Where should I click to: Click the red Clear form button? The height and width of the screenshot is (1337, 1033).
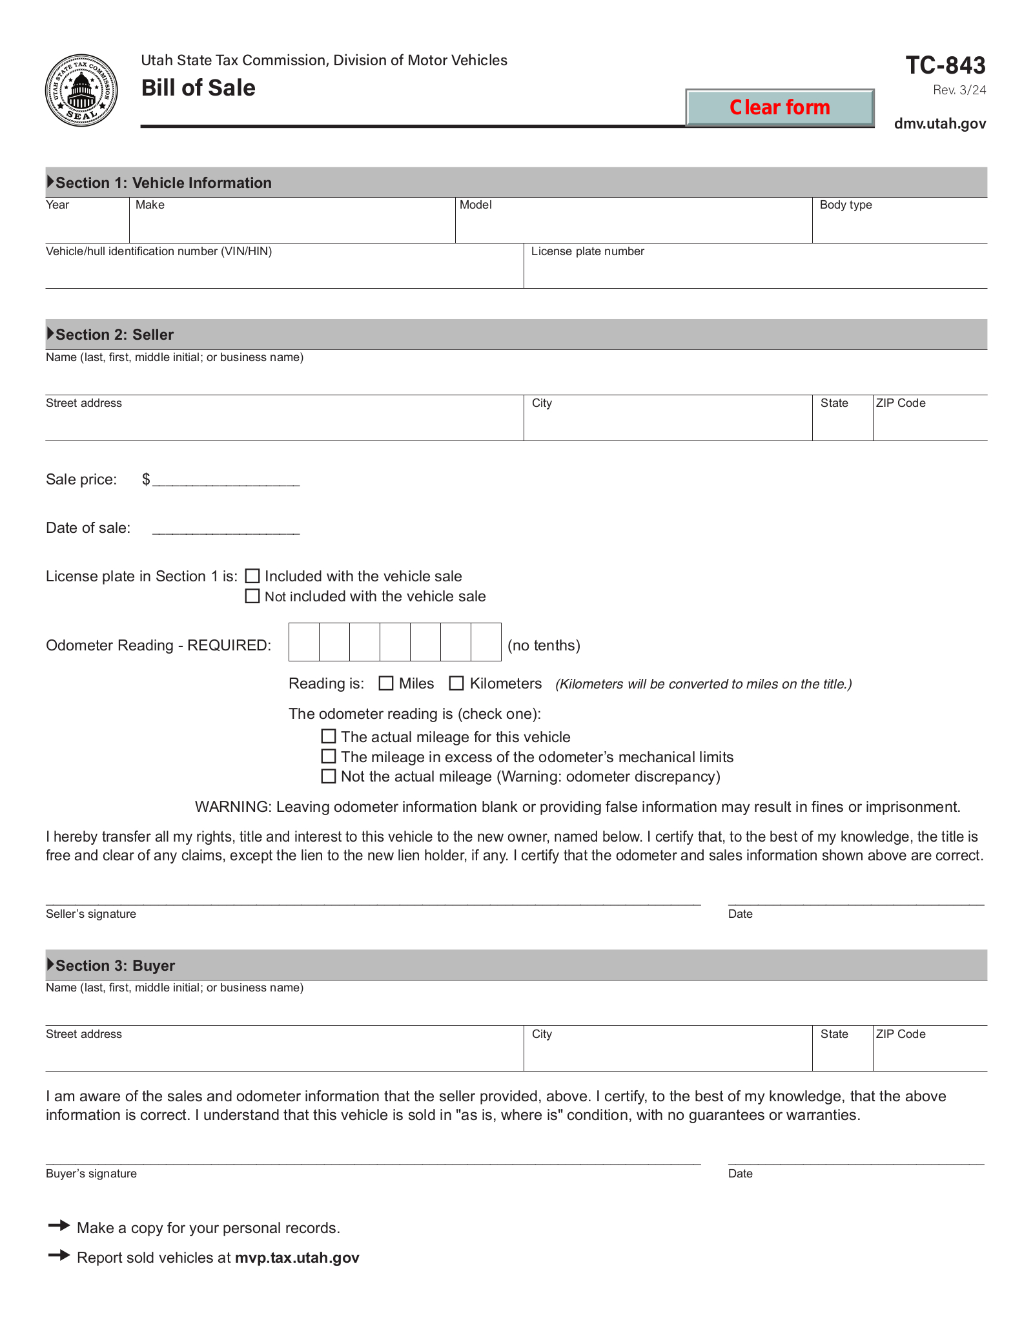(779, 107)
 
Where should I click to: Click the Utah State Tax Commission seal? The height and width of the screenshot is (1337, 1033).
(81, 90)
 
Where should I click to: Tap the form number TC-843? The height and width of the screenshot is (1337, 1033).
(945, 65)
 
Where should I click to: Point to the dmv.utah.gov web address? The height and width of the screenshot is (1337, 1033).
(939, 123)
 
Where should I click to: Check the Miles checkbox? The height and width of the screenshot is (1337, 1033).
(386, 683)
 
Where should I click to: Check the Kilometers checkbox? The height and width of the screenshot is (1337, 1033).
(456, 683)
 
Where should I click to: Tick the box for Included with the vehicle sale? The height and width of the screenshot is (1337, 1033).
(252, 576)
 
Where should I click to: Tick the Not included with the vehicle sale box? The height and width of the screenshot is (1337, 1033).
(252, 596)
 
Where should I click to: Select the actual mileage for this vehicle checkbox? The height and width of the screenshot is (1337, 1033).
(329, 736)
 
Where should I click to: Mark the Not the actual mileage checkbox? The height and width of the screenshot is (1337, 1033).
(329, 776)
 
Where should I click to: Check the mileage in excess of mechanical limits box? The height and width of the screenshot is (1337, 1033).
(329, 756)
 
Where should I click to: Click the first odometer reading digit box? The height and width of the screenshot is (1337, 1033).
(304, 642)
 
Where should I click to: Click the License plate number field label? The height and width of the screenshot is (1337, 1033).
(588, 251)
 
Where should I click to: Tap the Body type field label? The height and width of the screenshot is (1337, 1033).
(846, 205)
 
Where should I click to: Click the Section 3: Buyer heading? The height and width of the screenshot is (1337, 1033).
(115, 966)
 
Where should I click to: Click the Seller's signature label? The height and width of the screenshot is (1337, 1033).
(91, 914)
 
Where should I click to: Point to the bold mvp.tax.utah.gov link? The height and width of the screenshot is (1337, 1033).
(297, 1258)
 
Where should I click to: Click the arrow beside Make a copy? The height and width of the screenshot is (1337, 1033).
(59, 1225)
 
